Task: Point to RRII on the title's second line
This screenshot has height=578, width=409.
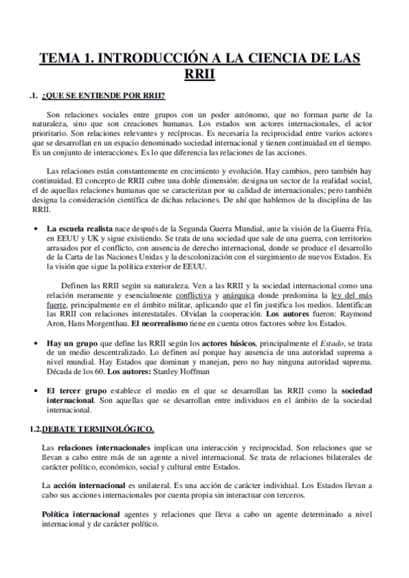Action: pyautogui.click(x=204, y=75)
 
